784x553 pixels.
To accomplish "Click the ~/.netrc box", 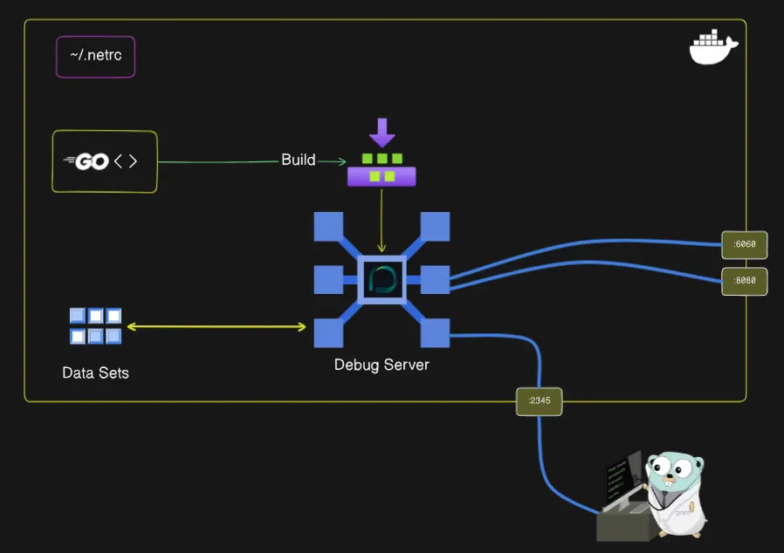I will point(95,57).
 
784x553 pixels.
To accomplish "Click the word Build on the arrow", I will point(298,160).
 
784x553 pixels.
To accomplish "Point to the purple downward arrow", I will point(382,133).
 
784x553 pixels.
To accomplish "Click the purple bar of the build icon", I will point(382,176).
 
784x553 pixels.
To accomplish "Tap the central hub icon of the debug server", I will point(382,279).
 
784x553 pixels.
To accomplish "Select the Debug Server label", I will point(382,365).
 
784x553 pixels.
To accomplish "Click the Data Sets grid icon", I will point(95,326).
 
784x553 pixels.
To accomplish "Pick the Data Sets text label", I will point(95,373).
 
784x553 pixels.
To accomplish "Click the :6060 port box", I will point(744,245).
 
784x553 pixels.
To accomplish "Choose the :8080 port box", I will point(744,282).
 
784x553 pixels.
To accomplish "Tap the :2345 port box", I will point(539,401).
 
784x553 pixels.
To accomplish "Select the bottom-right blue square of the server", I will point(435,332).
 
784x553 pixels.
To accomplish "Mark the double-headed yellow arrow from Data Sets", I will point(217,327).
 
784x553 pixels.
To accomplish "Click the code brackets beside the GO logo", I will point(126,161).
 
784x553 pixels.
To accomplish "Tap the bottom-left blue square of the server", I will point(328,332).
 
